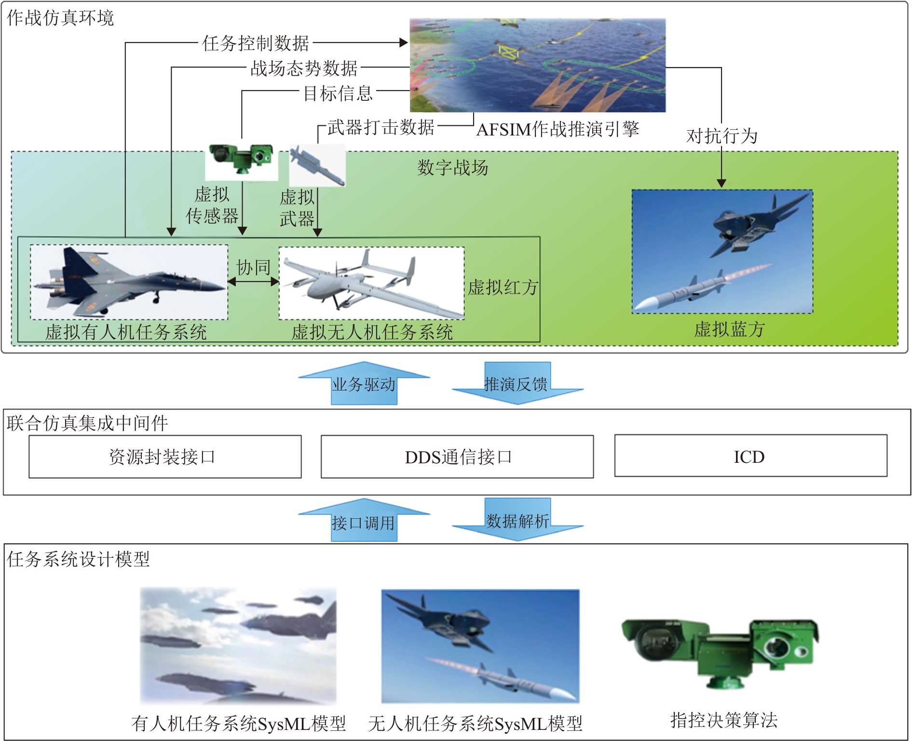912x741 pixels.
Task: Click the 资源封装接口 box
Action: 165,457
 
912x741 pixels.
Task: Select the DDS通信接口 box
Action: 457,457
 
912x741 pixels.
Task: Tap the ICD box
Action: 750,456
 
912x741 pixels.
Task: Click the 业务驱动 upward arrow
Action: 364,383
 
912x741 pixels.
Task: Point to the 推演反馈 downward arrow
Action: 517,384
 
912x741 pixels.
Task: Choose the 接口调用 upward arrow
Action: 364,521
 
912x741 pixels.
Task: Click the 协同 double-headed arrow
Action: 253,282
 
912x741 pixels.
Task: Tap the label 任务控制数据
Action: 256,43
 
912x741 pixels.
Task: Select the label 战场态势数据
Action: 304,68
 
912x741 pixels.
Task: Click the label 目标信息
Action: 338,93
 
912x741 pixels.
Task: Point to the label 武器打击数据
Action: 381,127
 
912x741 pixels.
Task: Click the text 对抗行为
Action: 721,136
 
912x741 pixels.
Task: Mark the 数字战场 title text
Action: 452,168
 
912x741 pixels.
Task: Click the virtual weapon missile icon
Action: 317,165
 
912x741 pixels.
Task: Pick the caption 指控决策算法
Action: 723,720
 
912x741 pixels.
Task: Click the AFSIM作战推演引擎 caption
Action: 558,129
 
